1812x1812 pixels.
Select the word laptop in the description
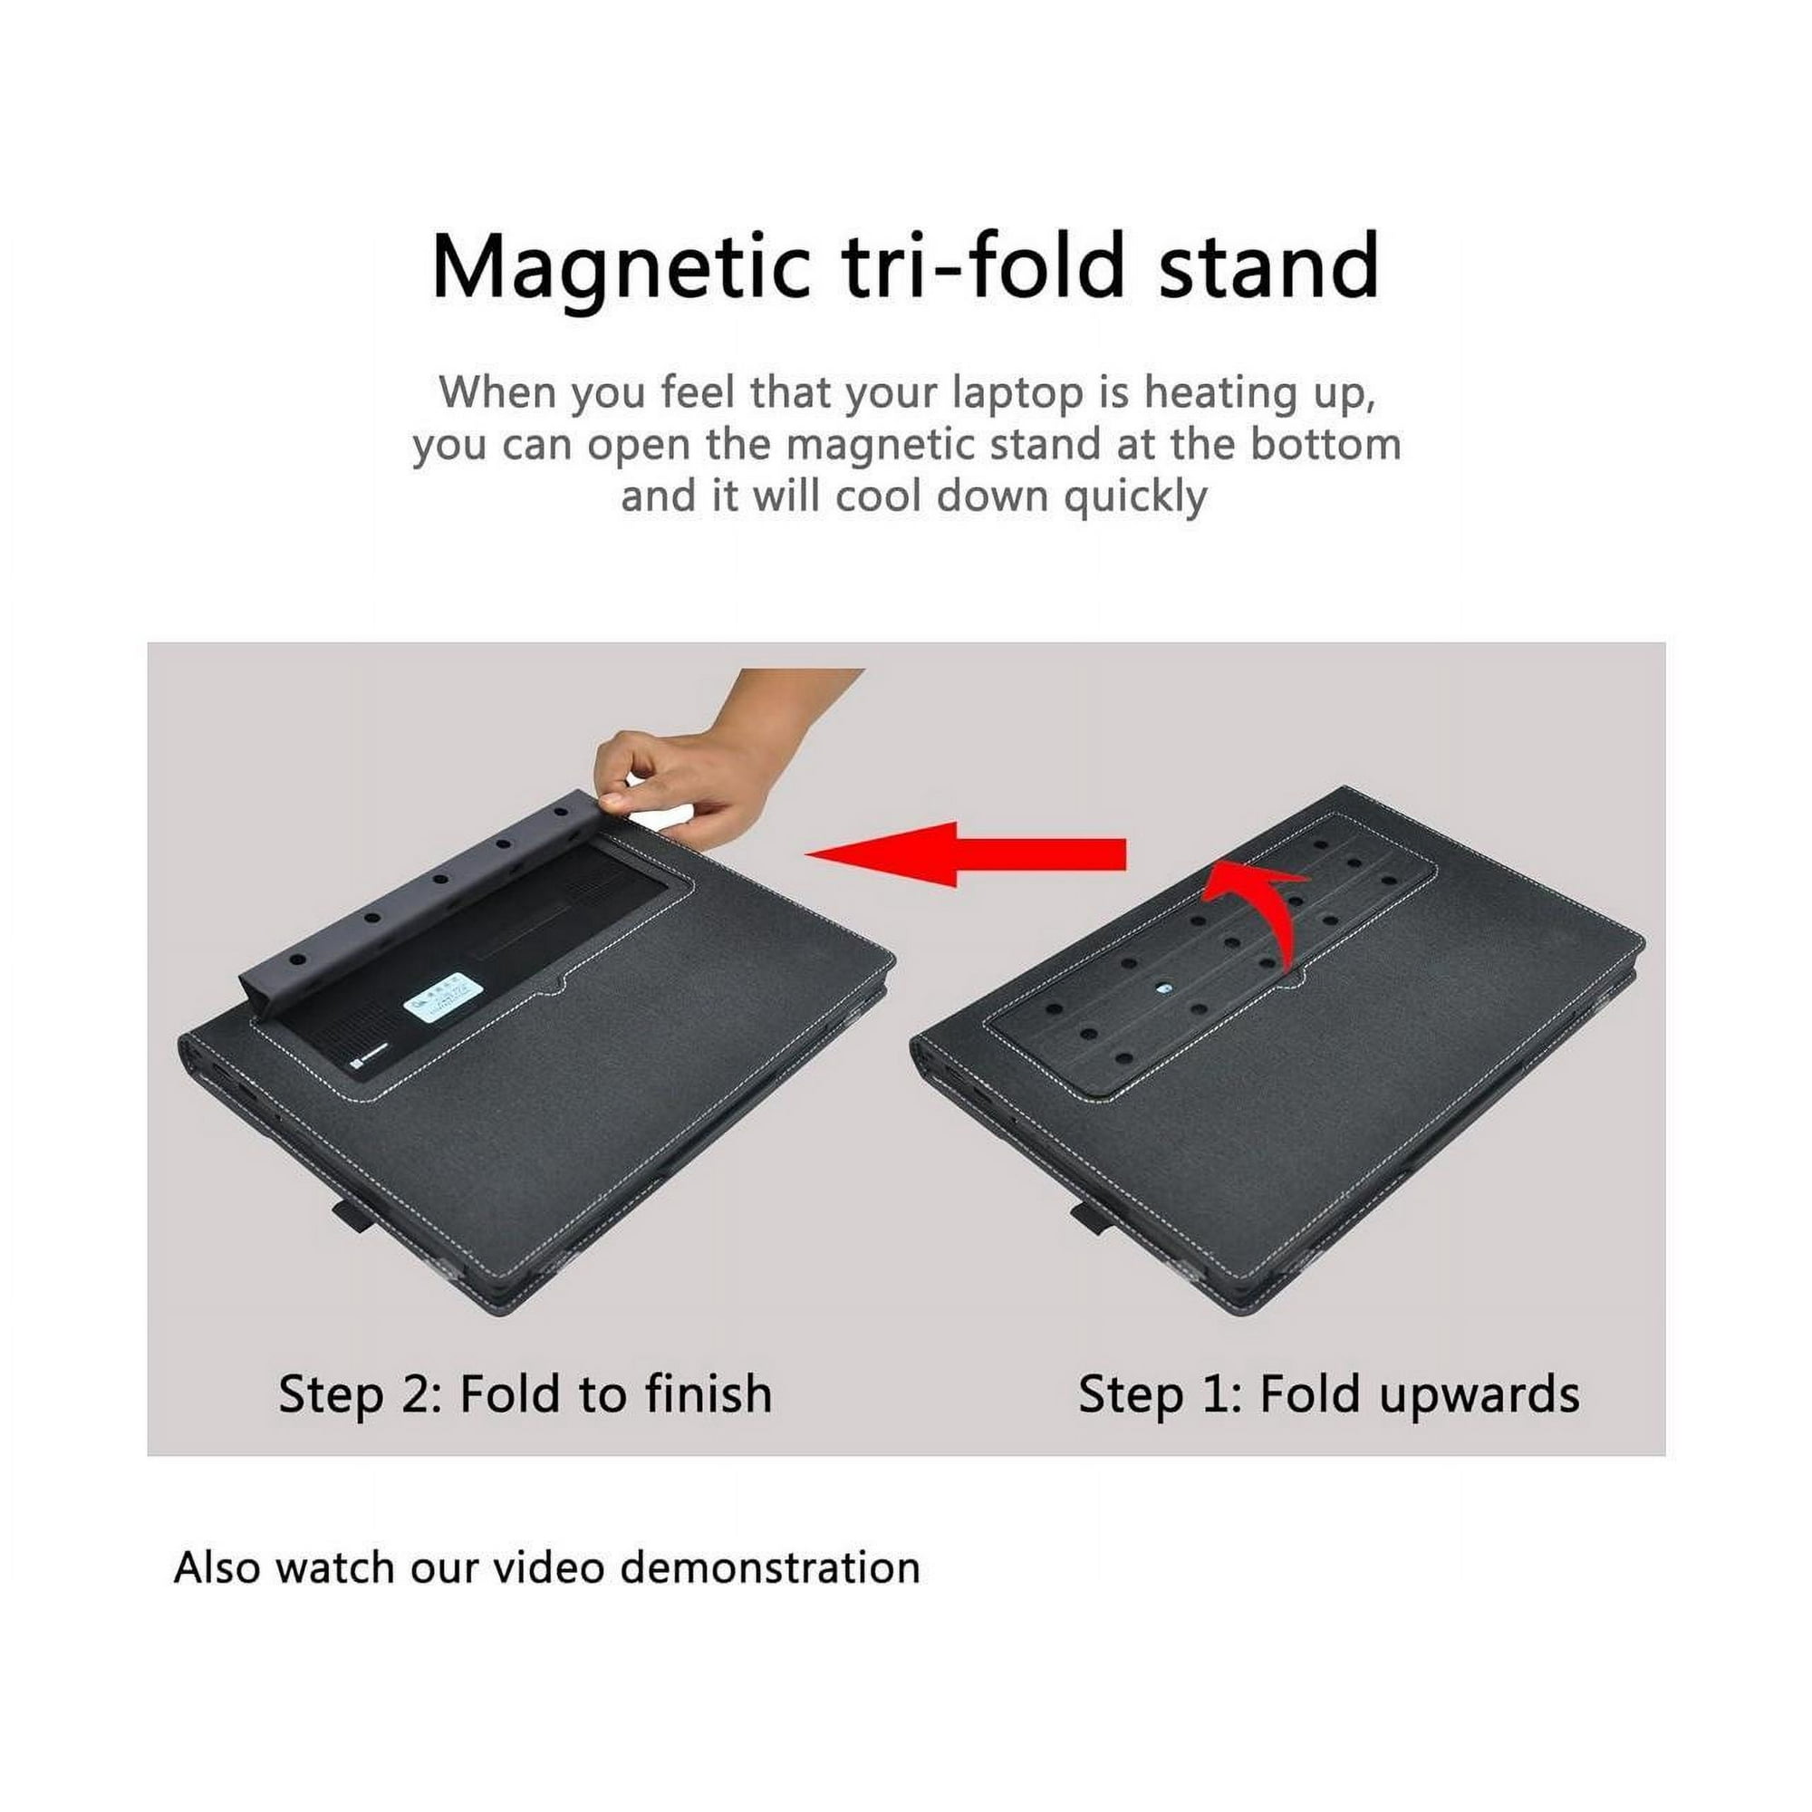click(x=1017, y=395)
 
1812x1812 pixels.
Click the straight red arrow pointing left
click(x=966, y=853)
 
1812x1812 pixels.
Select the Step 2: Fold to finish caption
click(x=525, y=1393)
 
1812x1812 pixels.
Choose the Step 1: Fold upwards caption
click(x=1329, y=1394)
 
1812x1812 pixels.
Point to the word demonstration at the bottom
click(x=770, y=1568)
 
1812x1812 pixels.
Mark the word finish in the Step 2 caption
click(x=710, y=1393)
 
